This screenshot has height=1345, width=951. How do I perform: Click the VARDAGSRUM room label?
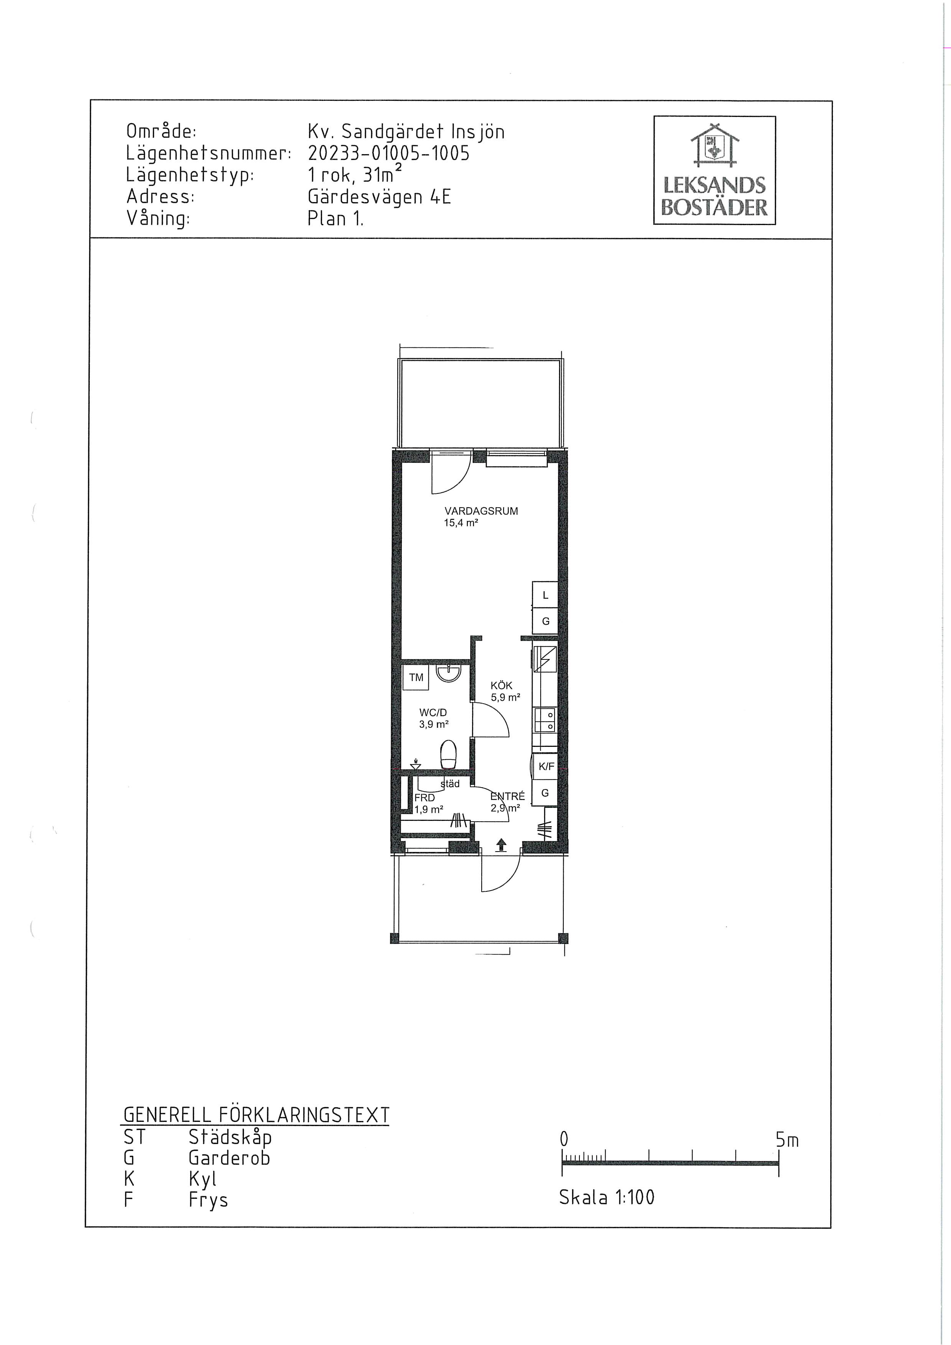(x=481, y=511)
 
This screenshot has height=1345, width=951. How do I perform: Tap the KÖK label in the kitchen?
(x=502, y=686)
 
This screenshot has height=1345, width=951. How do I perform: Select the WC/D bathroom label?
(x=433, y=712)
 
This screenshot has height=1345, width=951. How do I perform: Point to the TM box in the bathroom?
(x=416, y=678)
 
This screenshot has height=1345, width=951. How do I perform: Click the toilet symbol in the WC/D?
(x=448, y=754)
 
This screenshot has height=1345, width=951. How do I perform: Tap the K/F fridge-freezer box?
(x=546, y=766)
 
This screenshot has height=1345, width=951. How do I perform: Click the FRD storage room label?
(x=425, y=798)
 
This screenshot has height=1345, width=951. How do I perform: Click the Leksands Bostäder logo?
(x=714, y=171)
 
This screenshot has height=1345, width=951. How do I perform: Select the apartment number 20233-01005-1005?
(x=388, y=153)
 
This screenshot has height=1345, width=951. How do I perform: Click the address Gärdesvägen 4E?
(x=379, y=197)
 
